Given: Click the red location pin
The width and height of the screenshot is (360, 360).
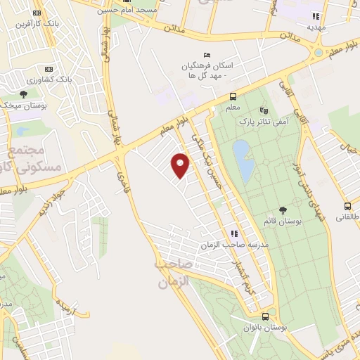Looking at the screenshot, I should [x=181, y=165].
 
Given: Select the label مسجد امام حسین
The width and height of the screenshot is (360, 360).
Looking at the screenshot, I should [x=138, y=9].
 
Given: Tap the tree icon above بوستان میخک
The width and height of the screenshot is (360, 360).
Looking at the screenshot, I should [x=23, y=94].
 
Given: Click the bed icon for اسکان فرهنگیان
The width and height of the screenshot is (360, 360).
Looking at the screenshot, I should [x=206, y=55].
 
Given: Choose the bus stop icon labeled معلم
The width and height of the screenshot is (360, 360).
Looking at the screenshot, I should [x=233, y=97].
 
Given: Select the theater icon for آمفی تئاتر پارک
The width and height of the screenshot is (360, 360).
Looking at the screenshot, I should [x=264, y=110].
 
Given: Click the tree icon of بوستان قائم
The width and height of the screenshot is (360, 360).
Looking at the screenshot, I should [x=283, y=210].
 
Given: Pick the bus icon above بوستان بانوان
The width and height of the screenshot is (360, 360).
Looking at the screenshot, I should [x=265, y=316].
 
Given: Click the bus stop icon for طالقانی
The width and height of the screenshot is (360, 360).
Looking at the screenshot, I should [x=347, y=207].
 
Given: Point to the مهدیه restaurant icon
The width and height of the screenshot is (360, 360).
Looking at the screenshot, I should [x=316, y=15].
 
